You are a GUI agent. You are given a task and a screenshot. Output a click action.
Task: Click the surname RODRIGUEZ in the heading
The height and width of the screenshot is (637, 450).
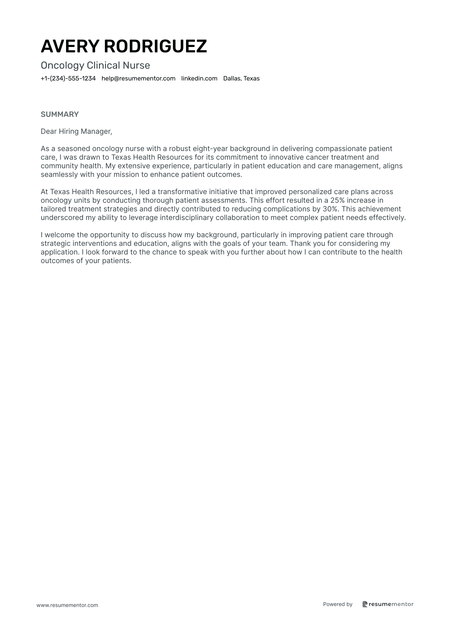click(155, 46)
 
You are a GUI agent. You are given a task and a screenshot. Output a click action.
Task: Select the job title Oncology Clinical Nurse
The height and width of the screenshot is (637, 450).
click(95, 65)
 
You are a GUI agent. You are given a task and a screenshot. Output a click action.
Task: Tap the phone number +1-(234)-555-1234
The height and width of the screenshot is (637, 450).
click(68, 79)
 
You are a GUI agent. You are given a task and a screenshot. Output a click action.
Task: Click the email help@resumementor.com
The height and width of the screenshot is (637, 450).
click(139, 79)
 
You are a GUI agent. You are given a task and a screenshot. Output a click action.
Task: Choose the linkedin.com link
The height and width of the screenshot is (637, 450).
click(199, 79)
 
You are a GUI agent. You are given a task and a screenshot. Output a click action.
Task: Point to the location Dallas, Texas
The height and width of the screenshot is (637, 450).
click(241, 79)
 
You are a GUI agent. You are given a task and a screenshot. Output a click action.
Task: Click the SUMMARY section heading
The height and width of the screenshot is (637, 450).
click(60, 114)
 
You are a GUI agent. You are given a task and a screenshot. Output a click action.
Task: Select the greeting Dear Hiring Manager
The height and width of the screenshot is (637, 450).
click(76, 132)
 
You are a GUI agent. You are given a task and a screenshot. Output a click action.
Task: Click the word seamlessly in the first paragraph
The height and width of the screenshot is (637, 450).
click(57, 175)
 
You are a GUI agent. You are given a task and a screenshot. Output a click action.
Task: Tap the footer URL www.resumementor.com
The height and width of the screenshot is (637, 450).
click(67, 605)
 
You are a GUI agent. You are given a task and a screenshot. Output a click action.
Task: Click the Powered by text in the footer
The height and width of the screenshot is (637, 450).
click(338, 604)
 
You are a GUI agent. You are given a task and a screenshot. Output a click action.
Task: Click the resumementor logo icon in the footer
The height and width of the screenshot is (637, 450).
click(365, 604)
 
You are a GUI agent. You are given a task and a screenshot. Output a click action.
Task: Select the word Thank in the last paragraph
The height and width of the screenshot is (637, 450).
click(300, 244)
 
